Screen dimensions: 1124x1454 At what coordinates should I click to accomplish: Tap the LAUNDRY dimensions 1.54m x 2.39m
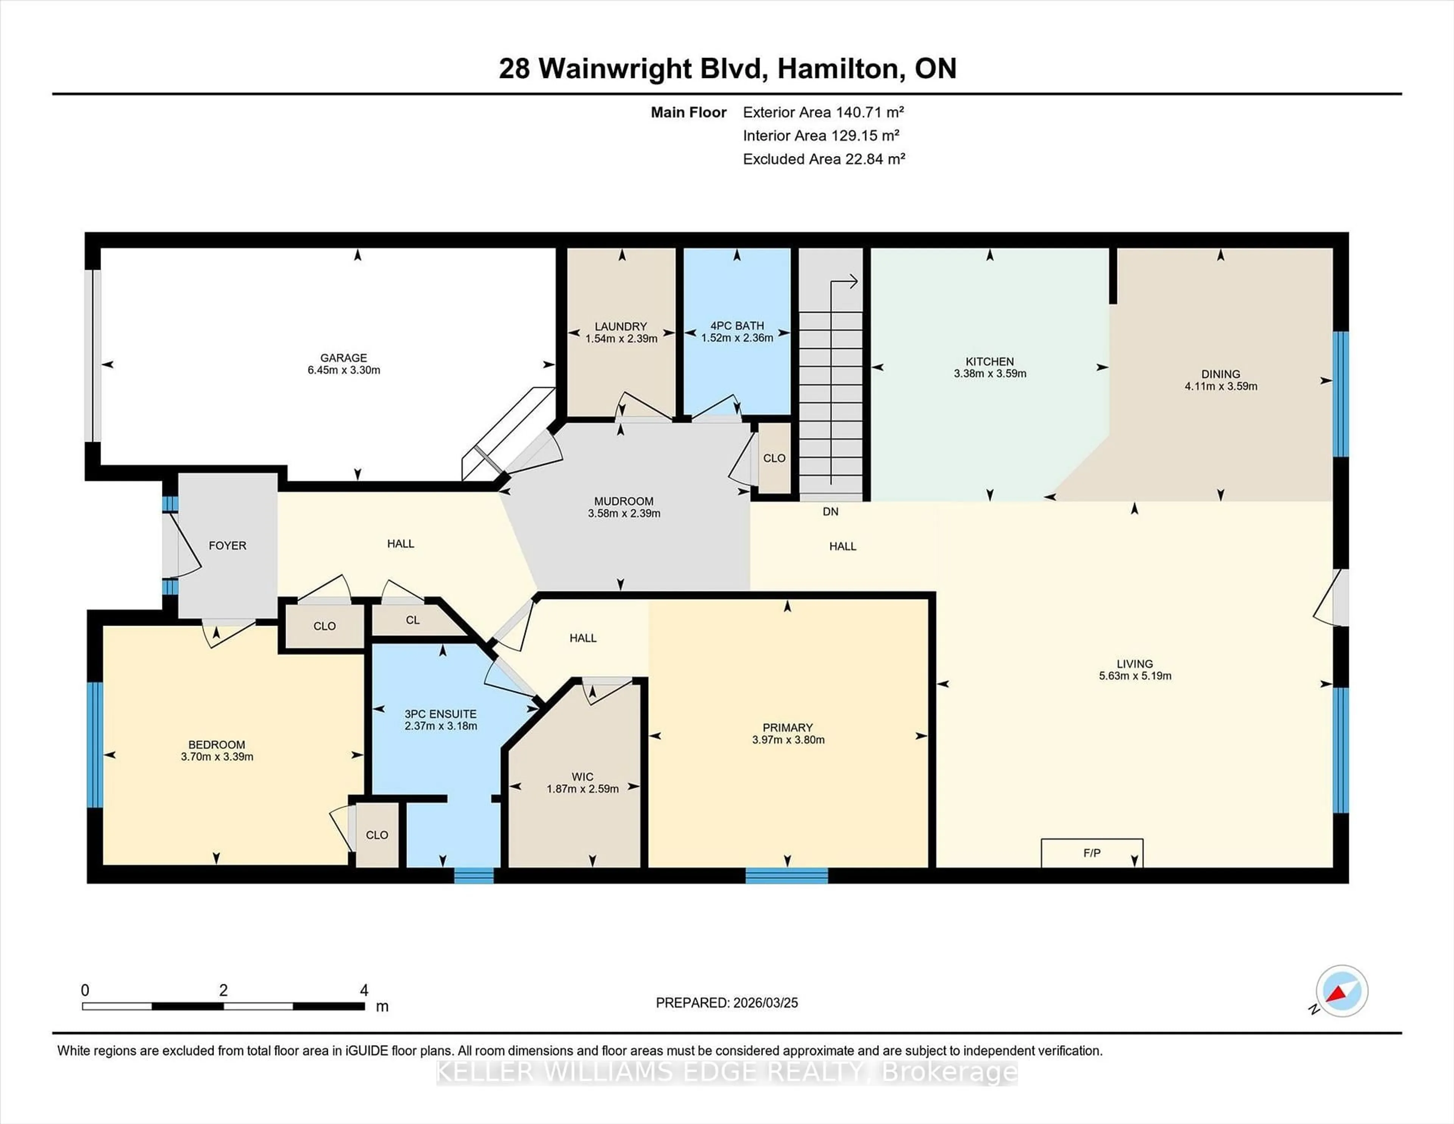coord(621,338)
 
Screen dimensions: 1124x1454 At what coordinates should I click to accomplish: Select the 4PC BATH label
coord(736,326)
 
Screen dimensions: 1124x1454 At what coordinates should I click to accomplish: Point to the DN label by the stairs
coord(830,511)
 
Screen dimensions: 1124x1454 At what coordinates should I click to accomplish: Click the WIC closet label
coord(582,776)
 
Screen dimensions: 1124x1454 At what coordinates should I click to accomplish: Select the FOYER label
coord(227,545)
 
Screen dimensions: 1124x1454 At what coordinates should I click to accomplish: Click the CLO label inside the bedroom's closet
coord(377,835)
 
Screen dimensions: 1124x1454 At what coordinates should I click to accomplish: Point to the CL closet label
coord(413,620)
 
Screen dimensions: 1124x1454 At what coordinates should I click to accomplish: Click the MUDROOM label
coord(623,501)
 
